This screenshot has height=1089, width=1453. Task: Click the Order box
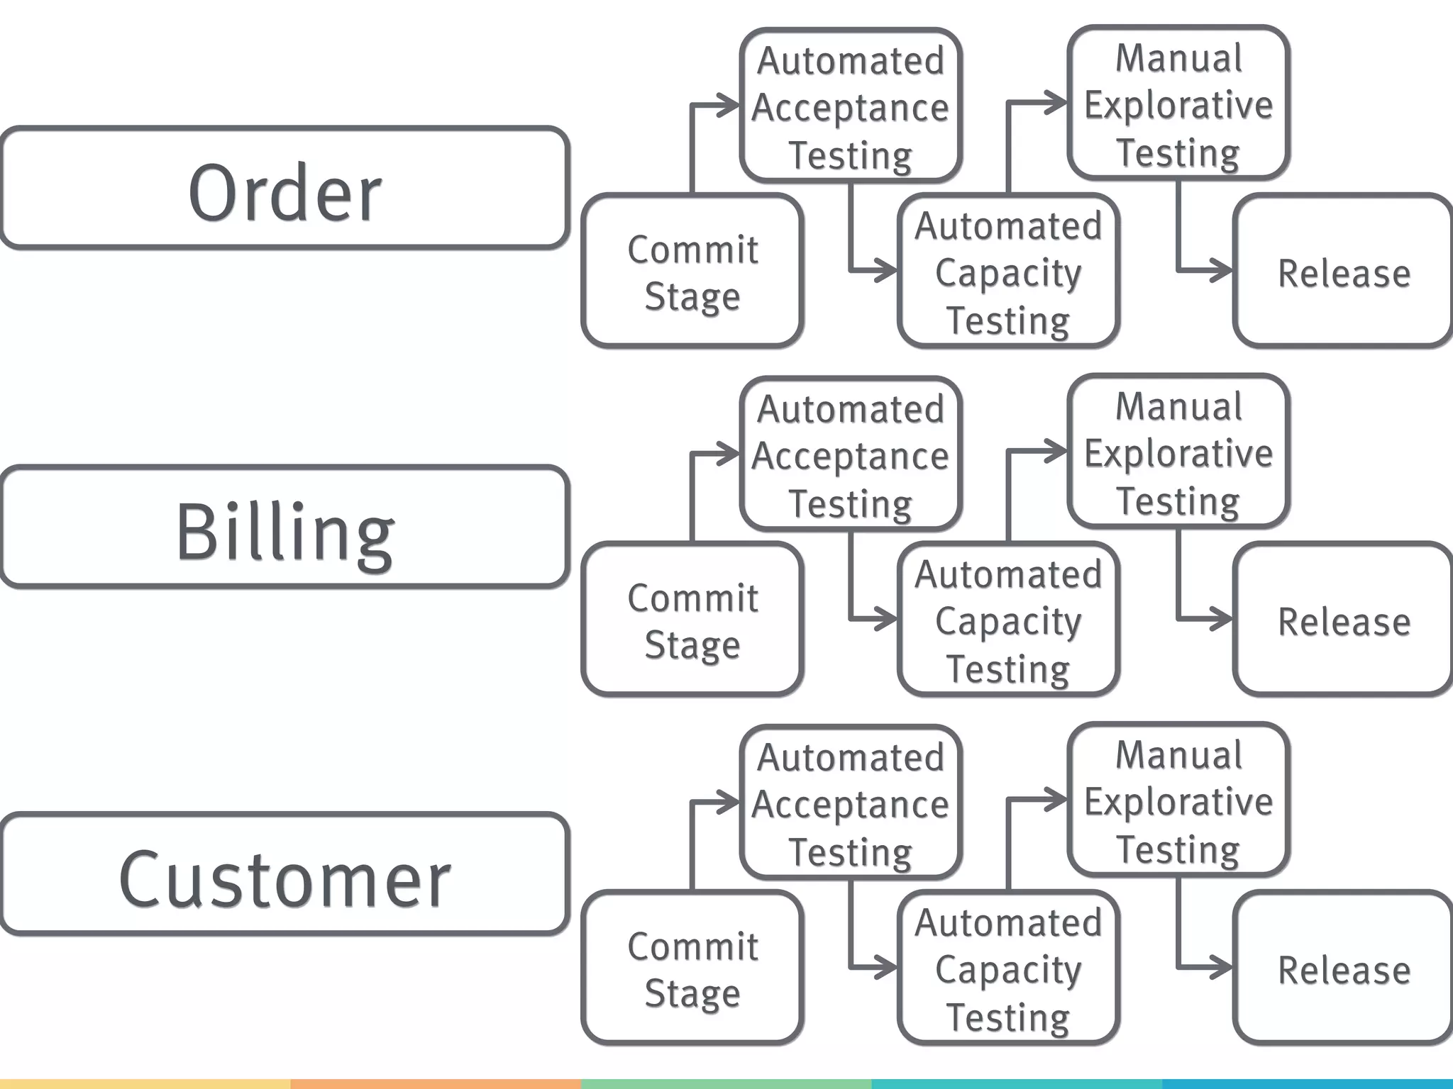tap(284, 189)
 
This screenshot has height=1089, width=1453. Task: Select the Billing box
tap(284, 527)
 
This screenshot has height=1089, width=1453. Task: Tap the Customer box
tap(284, 874)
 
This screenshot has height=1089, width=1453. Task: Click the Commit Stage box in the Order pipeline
tap(692, 272)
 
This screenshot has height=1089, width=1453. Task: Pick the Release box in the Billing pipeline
tap(1343, 620)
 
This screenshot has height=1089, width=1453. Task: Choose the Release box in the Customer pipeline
tap(1343, 968)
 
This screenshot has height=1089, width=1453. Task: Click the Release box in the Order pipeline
tap(1343, 272)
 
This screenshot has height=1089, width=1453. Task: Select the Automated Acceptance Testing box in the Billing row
tap(850, 454)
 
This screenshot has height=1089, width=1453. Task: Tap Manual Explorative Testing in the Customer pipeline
tap(1178, 801)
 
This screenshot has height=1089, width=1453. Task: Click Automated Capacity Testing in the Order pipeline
tap(1007, 272)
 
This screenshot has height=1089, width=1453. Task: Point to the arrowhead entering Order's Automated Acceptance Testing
tap(731, 105)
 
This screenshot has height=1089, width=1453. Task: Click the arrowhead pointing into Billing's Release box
tap(1223, 619)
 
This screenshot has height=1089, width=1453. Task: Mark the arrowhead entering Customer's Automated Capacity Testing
tap(888, 967)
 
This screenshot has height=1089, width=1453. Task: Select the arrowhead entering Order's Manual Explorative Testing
tap(1059, 103)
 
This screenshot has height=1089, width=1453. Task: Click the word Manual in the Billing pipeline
tap(1178, 407)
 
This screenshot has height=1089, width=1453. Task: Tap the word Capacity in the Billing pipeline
tap(1007, 622)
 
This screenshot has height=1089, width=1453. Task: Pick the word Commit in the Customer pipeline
tap(692, 946)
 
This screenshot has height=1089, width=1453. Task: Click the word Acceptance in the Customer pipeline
tap(850, 805)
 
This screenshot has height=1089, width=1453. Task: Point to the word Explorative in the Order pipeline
tap(1178, 106)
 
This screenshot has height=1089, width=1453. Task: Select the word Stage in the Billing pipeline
tap(692, 645)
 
